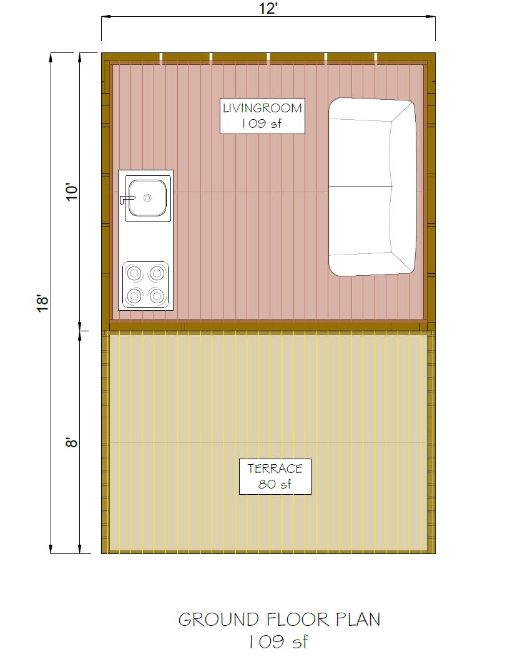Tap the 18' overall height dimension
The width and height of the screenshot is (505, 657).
tap(42, 303)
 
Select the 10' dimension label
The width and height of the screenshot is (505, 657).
tap(72, 192)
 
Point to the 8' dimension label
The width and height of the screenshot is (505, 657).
tap(72, 442)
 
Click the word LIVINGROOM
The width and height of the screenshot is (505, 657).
tap(262, 108)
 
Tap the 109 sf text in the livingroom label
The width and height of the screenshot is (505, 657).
tap(262, 124)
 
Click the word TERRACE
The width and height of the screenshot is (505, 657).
tap(275, 469)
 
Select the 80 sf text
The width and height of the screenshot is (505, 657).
tap(275, 484)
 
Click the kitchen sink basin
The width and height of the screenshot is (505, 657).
tap(147, 198)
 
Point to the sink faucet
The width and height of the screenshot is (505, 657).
tap(127, 198)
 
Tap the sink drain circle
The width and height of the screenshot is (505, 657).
tap(148, 198)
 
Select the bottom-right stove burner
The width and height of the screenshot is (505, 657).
tap(157, 295)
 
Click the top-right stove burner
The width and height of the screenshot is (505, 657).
tap(157, 273)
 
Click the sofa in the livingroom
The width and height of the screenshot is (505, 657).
tap(371, 187)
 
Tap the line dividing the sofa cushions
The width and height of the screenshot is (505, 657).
tap(361, 187)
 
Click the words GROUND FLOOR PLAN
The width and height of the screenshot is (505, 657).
tap(279, 620)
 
